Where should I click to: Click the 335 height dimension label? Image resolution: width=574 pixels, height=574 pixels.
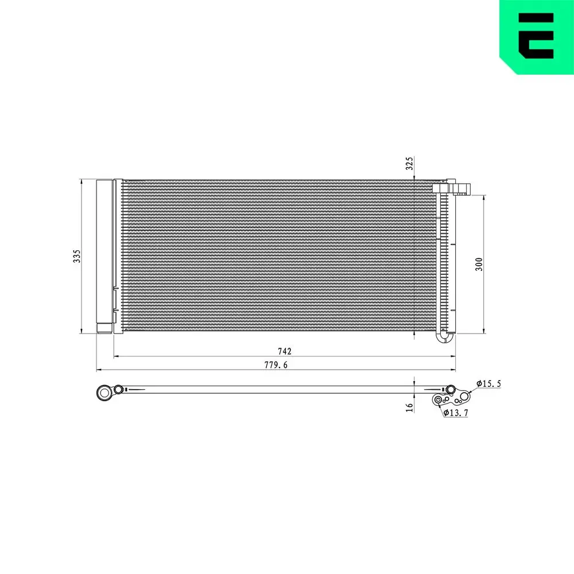[76, 256]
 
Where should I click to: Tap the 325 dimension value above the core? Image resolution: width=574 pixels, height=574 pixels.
[410, 163]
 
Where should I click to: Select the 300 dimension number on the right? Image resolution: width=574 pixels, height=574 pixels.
[479, 264]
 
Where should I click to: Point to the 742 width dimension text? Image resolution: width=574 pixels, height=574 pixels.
[285, 351]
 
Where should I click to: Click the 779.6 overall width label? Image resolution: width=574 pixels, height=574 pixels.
[276, 365]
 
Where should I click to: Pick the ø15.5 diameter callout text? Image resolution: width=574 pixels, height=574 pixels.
[488, 383]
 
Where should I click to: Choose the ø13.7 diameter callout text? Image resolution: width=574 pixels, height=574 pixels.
[456, 413]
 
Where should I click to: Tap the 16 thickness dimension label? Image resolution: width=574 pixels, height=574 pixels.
[410, 408]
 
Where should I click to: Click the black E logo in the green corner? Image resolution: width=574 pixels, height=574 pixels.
[536, 36]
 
